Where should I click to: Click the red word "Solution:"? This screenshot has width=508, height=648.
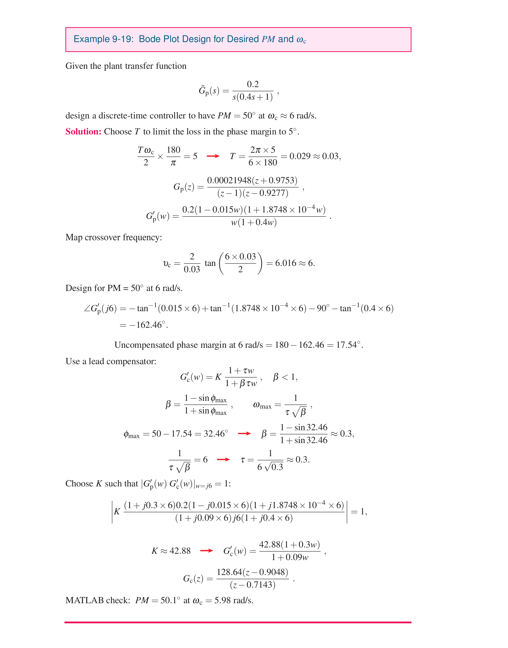83,132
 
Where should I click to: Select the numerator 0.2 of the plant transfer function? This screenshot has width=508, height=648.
253,84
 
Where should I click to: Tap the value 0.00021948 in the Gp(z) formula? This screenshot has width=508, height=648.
229,180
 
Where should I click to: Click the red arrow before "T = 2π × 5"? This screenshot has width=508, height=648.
213,156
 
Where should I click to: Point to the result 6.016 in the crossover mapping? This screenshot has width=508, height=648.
286,263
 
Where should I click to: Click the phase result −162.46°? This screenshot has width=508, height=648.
148,325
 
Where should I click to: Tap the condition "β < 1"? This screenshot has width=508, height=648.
285,377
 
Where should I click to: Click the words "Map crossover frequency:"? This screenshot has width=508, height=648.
114,237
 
